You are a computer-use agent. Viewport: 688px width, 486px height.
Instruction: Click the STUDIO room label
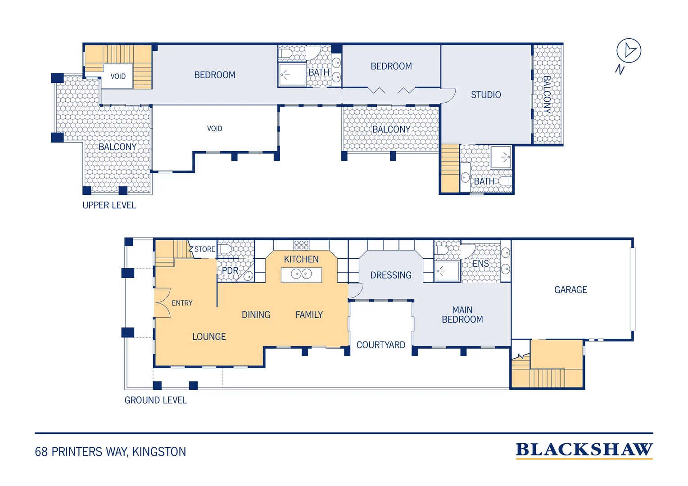coord(485,95)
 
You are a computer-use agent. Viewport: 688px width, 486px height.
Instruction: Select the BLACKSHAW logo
coord(584,450)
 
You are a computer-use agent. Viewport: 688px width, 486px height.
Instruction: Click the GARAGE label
coord(570,289)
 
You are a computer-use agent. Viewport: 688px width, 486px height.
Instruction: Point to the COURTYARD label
coord(380,345)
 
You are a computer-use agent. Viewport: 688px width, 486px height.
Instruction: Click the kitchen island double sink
coord(301,274)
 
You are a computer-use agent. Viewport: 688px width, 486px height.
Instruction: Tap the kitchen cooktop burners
coord(301,245)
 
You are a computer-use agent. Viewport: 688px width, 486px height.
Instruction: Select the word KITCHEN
coord(301,259)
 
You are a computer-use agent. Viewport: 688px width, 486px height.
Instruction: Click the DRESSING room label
coord(391,275)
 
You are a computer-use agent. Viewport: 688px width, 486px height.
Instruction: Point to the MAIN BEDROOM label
coord(462,315)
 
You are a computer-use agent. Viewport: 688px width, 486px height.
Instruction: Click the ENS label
coord(480,263)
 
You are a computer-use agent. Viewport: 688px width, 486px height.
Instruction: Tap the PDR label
coord(230,270)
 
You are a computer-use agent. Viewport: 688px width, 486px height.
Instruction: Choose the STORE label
coord(204,249)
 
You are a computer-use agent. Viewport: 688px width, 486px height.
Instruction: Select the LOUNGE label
coord(209,337)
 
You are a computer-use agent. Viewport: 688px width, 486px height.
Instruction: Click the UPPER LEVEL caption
coord(109,205)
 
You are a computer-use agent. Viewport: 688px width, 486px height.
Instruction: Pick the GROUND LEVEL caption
coord(155,400)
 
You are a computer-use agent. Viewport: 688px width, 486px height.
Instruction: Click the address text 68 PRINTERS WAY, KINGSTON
coord(110,452)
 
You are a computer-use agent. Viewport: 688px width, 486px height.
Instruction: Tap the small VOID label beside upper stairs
coord(118,76)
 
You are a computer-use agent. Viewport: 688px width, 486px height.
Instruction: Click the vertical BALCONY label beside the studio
coord(547,95)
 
